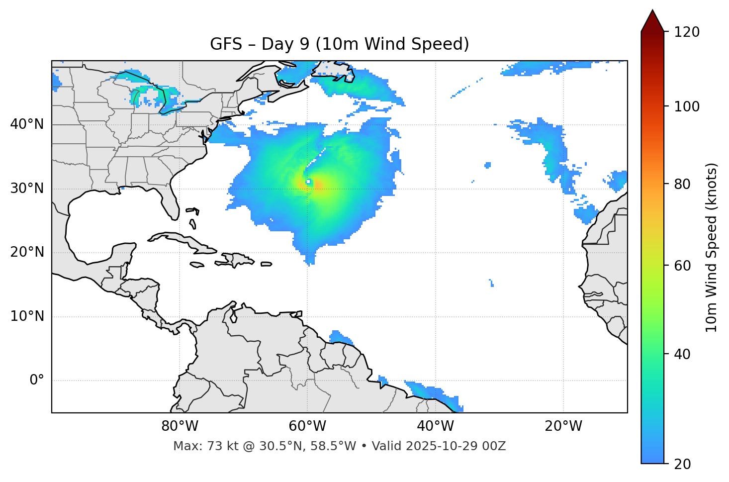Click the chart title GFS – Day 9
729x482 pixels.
click(x=339, y=44)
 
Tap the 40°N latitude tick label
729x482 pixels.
click(x=27, y=124)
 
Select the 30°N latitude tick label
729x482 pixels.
click(x=27, y=189)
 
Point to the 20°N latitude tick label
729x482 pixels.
click(x=27, y=252)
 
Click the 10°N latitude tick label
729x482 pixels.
click(x=27, y=316)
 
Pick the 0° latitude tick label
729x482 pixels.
click(x=37, y=381)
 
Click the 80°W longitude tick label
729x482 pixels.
click(x=180, y=426)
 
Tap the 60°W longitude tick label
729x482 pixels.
click(x=307, y=426)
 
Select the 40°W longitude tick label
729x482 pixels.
click(x=435, y=426)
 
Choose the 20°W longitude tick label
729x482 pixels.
click(x=563, y=426)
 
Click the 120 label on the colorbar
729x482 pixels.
click(x=686, y=32)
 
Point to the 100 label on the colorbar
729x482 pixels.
click(x=686, y=106)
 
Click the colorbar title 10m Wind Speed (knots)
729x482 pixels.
click(x=712, y=247)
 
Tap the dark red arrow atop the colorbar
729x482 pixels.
click(x=652, y=21)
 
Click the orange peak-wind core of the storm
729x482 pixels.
click(x=316, y=185)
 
